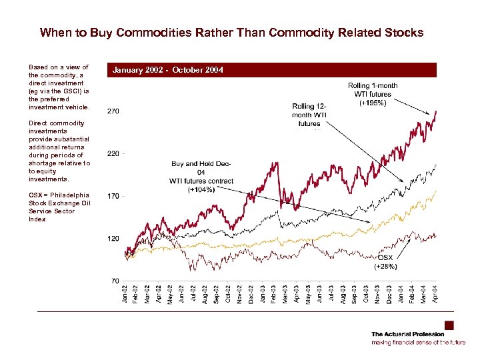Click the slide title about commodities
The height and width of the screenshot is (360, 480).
click(x=231, y=33)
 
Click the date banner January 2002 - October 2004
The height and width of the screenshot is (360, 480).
click(x=168, y=70)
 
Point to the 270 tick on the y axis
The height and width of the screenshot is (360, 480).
click(x=113, y=111)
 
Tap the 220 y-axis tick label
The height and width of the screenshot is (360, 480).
click(x=113, y=154)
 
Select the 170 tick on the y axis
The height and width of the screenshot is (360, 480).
click(x=113, y=196)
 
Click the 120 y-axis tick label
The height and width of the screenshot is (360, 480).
click(x=113, y=239)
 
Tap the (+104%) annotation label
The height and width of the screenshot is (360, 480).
click(x=201, y=190)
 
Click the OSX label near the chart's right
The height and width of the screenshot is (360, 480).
click(x=385, y=257)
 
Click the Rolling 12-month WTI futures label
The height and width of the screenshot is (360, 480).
click(x=309, y=115)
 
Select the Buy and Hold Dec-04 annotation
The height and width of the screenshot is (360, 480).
click(x=201, y=172)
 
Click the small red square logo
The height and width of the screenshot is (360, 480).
click(x=449, y=325)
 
